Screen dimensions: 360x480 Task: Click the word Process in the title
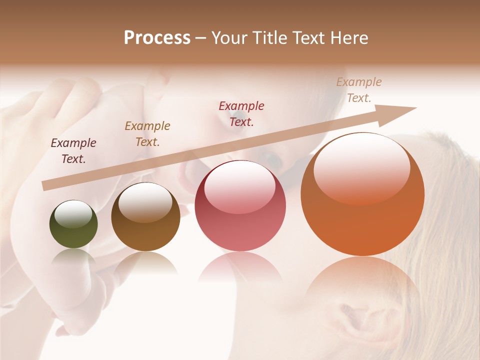157,38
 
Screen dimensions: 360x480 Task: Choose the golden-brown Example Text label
147,134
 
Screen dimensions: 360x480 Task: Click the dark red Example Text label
241,113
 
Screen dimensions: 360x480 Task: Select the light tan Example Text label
359,90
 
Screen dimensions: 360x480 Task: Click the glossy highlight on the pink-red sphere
240,186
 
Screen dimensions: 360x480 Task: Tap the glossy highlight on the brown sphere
145,201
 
